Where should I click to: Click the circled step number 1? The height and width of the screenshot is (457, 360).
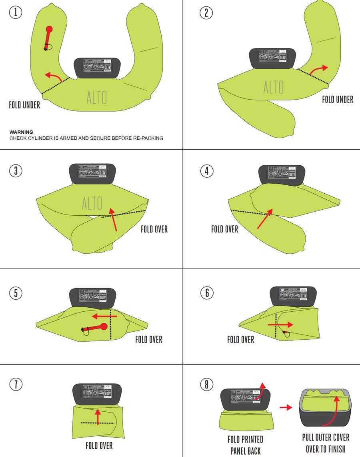click(15, 13)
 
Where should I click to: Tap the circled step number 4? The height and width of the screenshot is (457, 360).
click(206, 171)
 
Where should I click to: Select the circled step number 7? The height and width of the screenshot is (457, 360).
click(15, 385)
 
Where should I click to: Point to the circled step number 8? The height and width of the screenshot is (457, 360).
click(206, 385)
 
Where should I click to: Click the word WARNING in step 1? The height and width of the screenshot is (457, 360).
click(21, 132)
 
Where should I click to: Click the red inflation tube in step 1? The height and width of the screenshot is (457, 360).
click(48, 37)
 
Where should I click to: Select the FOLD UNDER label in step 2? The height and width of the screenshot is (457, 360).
click(338, 99)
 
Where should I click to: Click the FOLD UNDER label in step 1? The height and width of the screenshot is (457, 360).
click(24, 105)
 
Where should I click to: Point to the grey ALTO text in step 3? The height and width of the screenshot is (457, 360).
click(92, 203)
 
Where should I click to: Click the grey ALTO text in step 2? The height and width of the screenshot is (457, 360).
click(274, 87)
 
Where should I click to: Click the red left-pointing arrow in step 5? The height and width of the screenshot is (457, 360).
click(104, 316)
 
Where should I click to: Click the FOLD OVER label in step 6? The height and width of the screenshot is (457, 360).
click(240, 340)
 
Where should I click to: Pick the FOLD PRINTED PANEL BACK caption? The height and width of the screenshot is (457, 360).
click(245, 445)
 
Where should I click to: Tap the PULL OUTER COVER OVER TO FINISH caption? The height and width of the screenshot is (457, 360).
click(326, 443)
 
